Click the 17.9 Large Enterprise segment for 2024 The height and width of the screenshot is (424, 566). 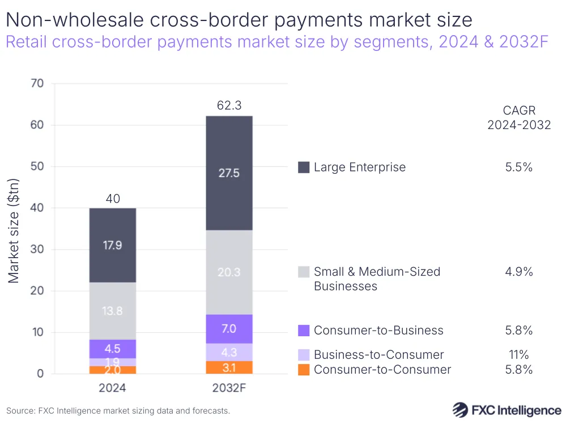[113, 246]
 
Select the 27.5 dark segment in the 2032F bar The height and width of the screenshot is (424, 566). [229, 173]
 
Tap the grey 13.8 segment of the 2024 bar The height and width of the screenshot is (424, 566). [113, 311]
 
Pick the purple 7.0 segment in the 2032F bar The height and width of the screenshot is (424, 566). [229, 329]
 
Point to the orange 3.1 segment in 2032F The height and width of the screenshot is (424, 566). [229, 367]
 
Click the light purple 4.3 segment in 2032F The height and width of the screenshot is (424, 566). [229, 352]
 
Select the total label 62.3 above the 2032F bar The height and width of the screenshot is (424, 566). [229, 105]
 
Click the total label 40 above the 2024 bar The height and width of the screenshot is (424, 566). [113, 199]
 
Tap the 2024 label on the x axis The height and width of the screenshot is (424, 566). [113, 388]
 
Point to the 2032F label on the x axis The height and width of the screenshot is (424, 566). [229, 388]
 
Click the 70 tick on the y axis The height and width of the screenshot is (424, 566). [37, 84]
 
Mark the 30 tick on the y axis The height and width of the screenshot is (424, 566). [37, 250]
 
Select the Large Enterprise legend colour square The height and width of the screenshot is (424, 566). [304, 167]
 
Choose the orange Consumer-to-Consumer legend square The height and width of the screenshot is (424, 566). [304, 370]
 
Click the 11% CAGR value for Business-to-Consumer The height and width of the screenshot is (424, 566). [519, 355]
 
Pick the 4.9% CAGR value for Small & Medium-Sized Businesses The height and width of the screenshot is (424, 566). [519, 272]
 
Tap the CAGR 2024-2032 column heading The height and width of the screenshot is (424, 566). [519, 118]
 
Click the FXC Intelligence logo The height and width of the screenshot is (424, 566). [507, 409]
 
